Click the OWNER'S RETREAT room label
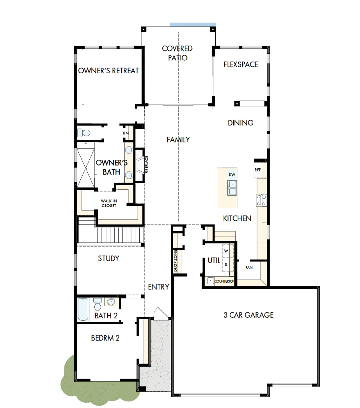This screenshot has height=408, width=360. (108, 71)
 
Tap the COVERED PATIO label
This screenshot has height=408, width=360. (177, 53)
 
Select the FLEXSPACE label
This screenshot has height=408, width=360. (241, 64)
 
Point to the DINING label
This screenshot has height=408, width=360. (241, 123)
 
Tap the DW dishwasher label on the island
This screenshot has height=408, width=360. (232, 175)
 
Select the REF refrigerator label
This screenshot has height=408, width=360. (258, 170)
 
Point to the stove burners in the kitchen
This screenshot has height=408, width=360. (261, 200)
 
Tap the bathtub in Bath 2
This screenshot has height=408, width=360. (83, 309)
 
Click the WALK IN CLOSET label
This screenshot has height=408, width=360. (109, 203)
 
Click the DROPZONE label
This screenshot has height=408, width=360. (176, 260)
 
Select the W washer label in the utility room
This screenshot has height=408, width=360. (226, 251)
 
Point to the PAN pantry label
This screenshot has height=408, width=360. (248, 268)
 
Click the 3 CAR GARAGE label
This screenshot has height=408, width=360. (248, 315)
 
